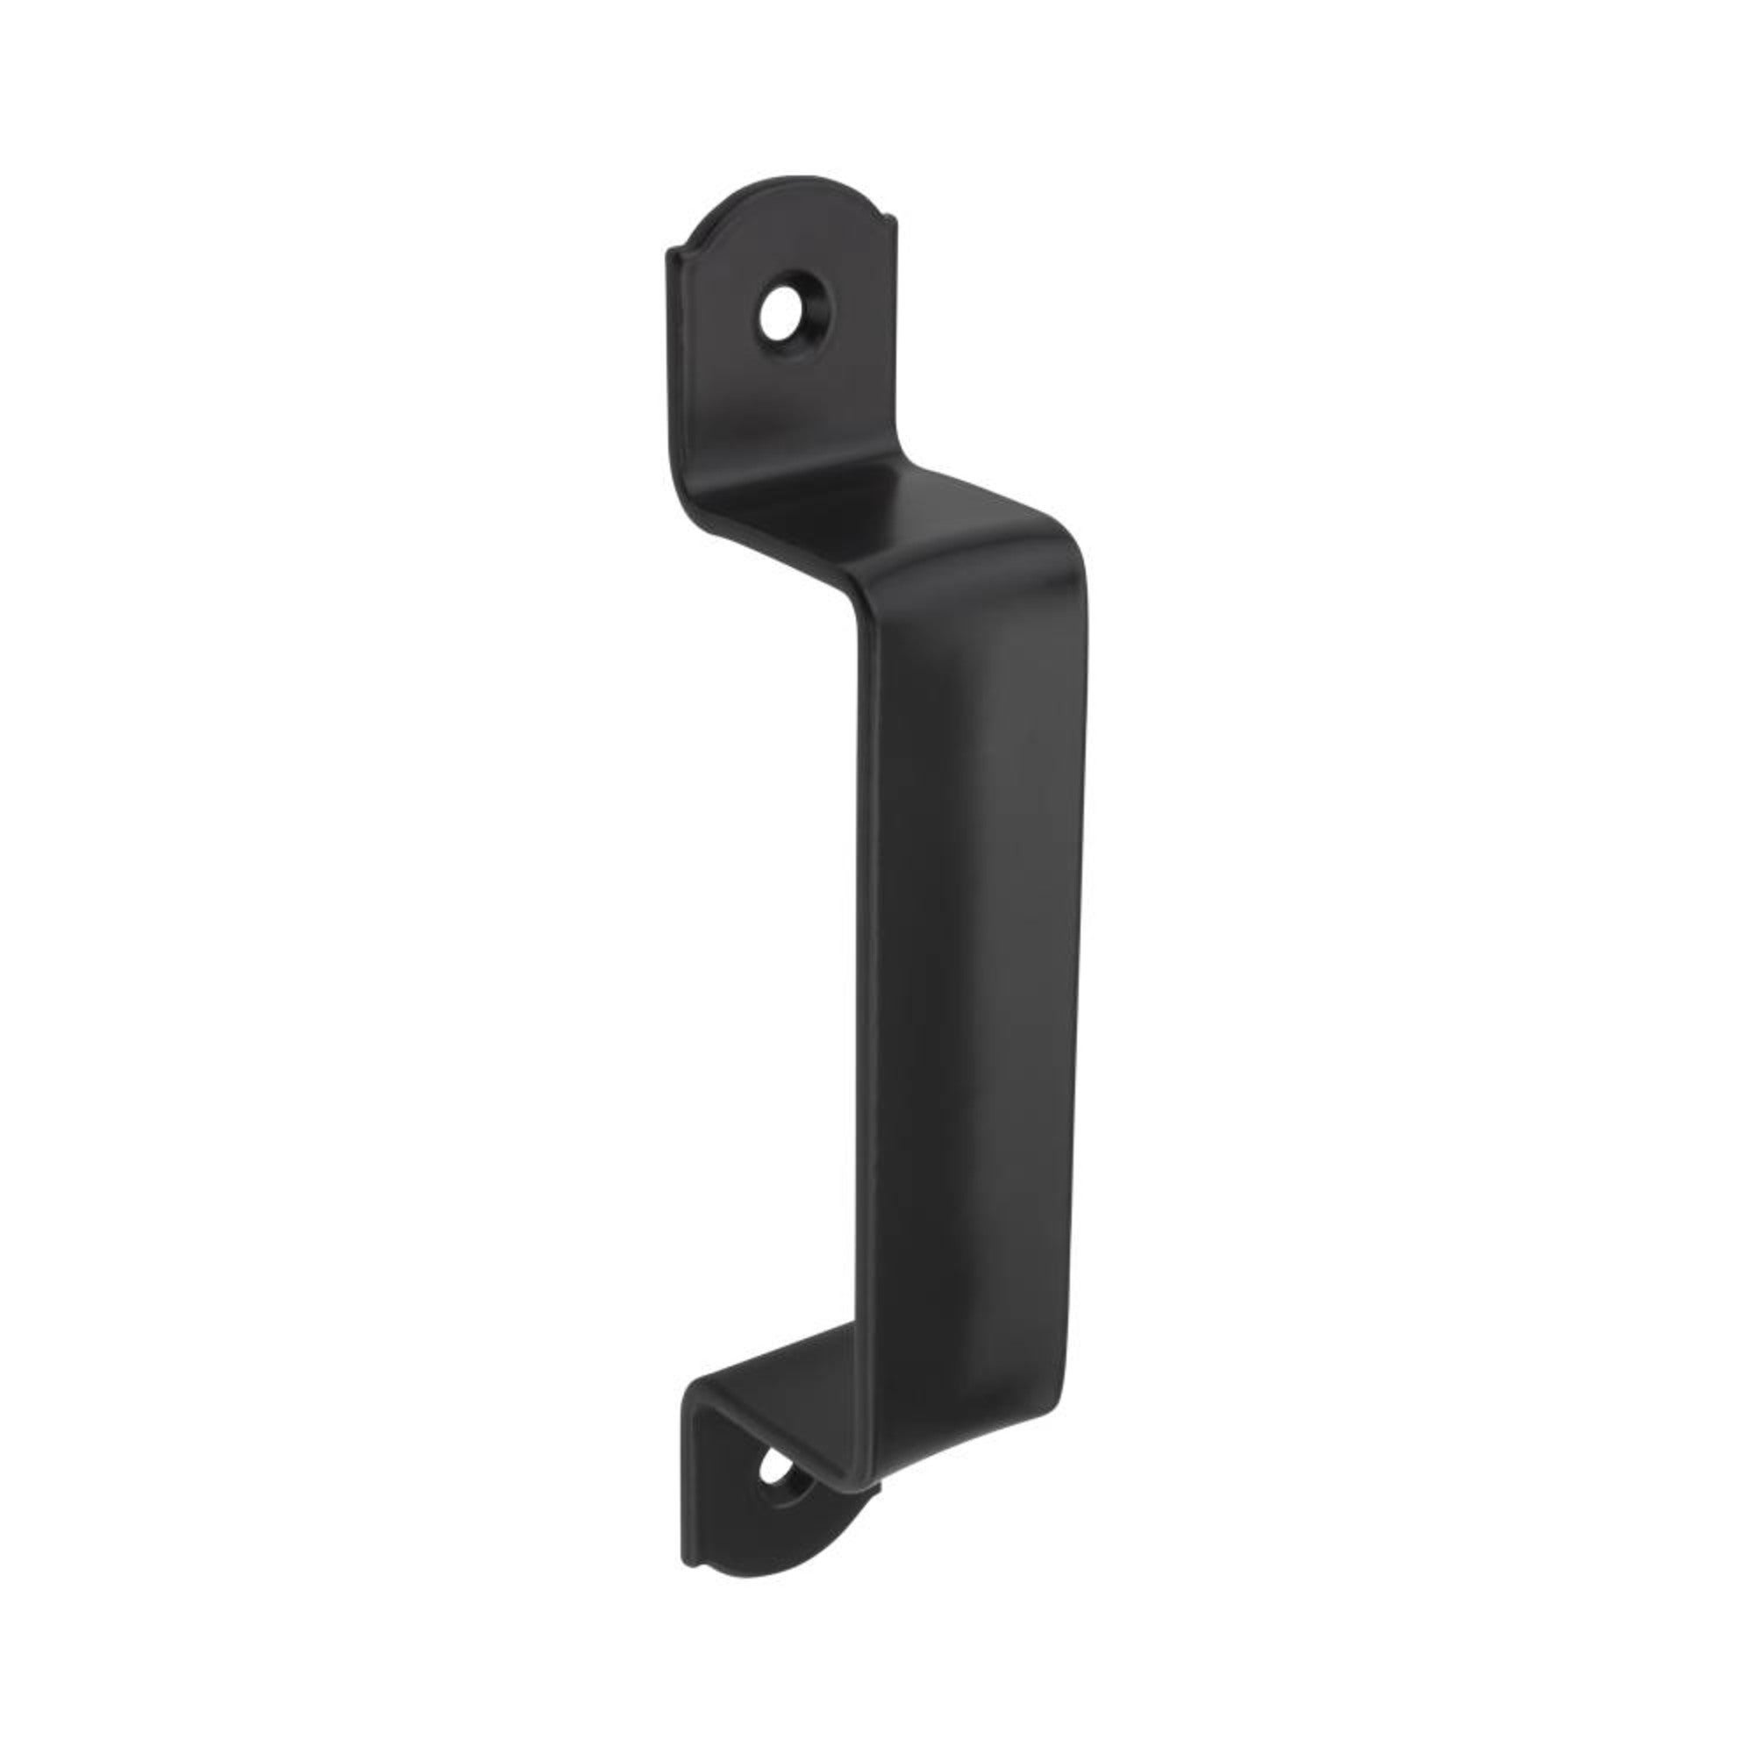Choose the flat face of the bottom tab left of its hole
coord(717,1489)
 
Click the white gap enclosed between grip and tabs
coord(763,953)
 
